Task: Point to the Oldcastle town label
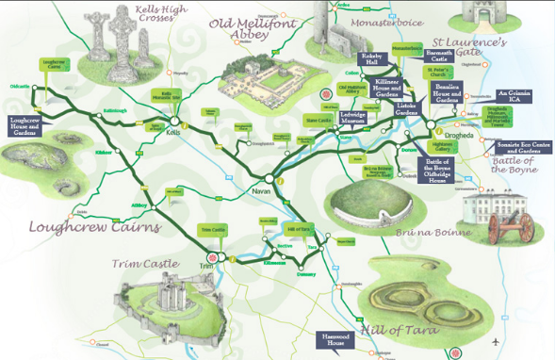(19, 85)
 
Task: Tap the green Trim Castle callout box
(212, 230)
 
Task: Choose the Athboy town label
(141, 205)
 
